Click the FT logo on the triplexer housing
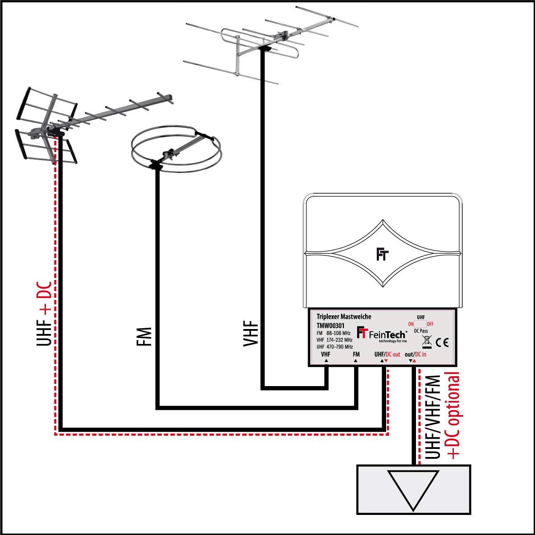point(382,255)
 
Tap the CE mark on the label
point(442,343)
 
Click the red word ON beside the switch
point(411,324)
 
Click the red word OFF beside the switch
point(430,324)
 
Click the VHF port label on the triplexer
point(326,354)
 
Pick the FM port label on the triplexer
point(356,354)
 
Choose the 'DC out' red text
point(393,354)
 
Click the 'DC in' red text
point(420,354)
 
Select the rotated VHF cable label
point(250,333)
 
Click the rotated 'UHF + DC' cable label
point(45,314)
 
